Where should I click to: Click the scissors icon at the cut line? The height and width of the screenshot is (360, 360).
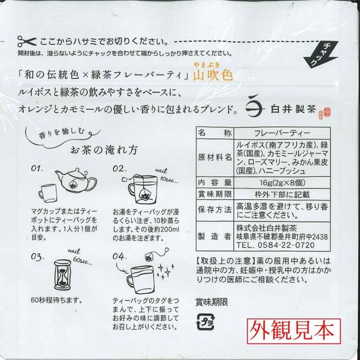tap(27, 42)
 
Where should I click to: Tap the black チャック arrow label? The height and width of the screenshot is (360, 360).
tap(321, 55)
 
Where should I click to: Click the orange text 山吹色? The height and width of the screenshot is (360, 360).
tap(213, 75)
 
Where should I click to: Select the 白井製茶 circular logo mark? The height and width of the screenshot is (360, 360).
tap(255, 109)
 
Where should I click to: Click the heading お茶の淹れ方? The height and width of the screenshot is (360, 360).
tap(104, 150)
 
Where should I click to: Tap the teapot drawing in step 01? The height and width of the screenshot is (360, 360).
tap(76, 181)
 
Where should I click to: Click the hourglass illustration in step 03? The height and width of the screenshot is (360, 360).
tap(62, 275)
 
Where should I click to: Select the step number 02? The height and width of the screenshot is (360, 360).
tap(120, 169)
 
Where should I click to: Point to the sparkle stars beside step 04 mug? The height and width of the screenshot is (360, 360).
tap(165, 272)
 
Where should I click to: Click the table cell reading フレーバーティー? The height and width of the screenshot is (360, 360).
tap(282, 133)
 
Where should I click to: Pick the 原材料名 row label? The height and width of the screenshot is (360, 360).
tap(215, 157)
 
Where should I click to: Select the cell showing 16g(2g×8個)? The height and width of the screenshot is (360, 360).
tap(282, 183)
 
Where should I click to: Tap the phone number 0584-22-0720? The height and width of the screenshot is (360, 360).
tap(286, 245)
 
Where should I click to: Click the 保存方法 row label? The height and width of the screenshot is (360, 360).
tap(215, 210)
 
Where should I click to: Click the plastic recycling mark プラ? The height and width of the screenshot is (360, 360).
tap(205, 322)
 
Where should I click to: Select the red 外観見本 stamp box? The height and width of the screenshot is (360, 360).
tap(294, 331)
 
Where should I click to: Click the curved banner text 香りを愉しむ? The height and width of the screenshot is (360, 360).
tap(62, 133)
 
